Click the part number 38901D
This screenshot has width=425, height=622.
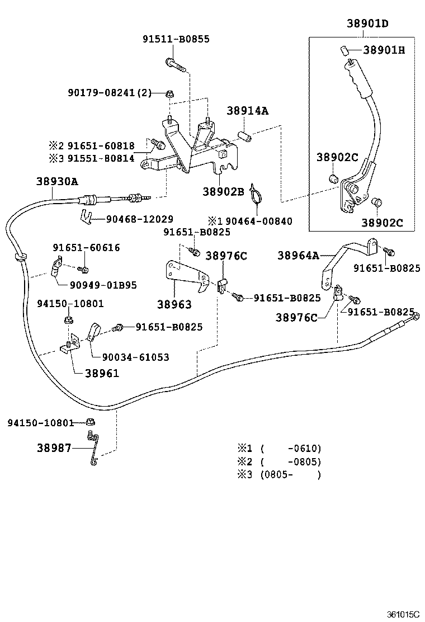[367, 23]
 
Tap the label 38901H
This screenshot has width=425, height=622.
[384, 50]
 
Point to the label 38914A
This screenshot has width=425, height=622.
[247, 111]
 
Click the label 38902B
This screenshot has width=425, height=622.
[224, 191]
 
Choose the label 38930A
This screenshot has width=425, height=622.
[57, 181]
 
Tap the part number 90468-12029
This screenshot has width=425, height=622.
[139, 219]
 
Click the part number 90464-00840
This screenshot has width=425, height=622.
[256, 221]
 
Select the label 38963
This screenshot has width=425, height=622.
[174, 304]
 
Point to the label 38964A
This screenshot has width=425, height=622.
[298, 256]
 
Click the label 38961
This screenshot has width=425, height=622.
[102, 373]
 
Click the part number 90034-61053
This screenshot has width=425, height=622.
[135, 357]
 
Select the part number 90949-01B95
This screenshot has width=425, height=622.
[103, 285]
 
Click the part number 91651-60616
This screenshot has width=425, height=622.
[86, 247]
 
